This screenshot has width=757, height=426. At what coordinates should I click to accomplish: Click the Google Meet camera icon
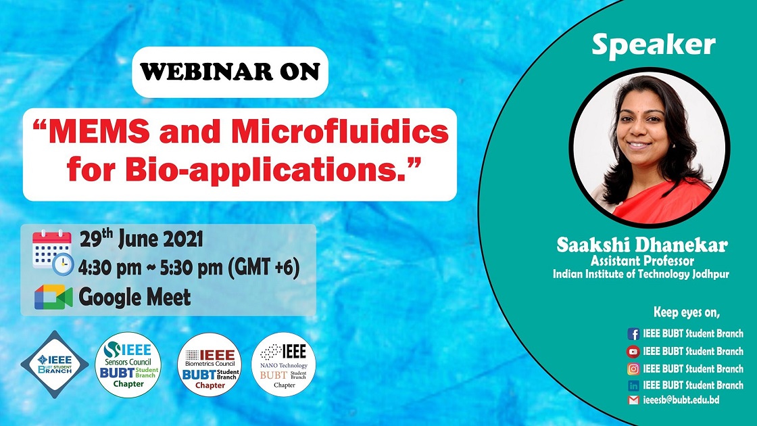pyautogui.click(x=53, y=297)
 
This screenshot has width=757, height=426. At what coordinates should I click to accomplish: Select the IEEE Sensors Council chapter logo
pyautogui.click(x=128, y=364)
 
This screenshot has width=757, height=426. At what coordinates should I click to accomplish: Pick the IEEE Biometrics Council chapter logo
pyautogui.click(x=210, y=364)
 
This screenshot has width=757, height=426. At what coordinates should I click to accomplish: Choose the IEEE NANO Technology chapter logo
pyautogui.click(x=283, y=364)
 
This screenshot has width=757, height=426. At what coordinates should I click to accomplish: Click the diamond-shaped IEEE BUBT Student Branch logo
pyautogui.click(x=55, y=364)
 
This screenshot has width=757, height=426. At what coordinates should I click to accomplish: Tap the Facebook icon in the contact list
pyautogui.click(x=633, y=334)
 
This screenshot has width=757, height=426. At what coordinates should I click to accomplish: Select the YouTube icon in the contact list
pyautogui.click(x=633, y=351)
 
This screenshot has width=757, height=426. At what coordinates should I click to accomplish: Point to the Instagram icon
pyautogui.click(x=633, y=369)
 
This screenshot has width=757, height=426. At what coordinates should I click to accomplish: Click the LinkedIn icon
pyautogui.click(x=633, y=385)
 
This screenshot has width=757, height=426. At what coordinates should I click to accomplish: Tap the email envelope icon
pyautogui.click(x=633, y=400)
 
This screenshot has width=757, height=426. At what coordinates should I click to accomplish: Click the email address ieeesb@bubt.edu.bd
pyautogui.click(x=681, y=400)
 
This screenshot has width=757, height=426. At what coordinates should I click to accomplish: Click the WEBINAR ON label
pyautogui.click(x=230, y=72)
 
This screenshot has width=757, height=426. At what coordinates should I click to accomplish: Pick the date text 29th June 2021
pyautogui.click(x=141, y=239)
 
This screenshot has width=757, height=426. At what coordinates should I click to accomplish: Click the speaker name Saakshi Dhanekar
pyautogui.click(x=642, y=245)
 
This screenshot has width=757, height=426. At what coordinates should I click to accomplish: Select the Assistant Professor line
pyautogui.click(x=643, y=261)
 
